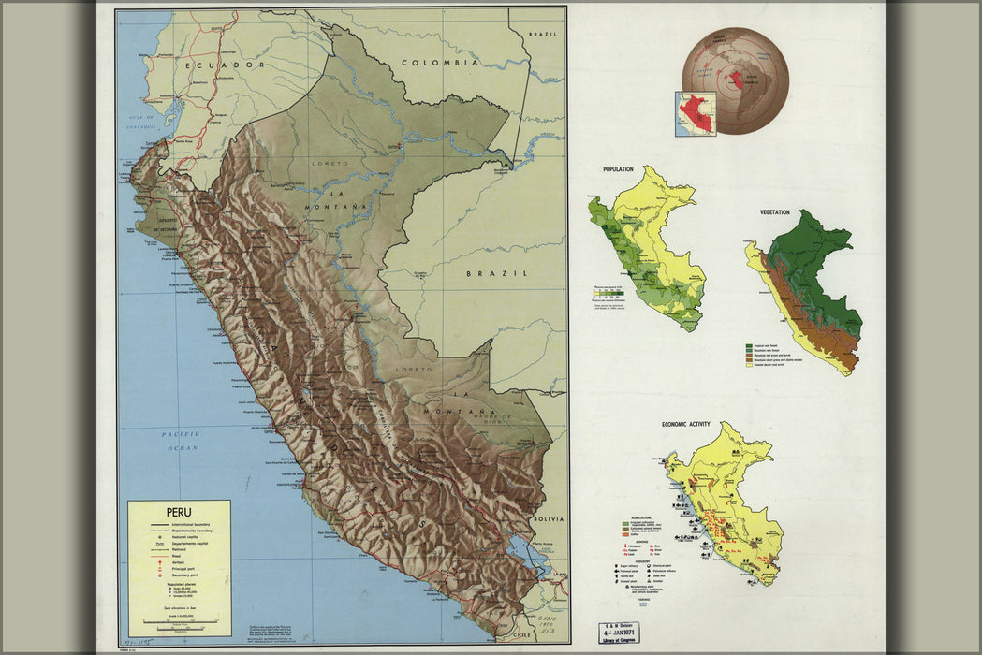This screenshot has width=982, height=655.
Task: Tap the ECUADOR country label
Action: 225,65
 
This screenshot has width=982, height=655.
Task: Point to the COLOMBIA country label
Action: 440,63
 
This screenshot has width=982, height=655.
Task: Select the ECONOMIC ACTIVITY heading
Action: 685,424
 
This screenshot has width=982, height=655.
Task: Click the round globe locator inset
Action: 735,80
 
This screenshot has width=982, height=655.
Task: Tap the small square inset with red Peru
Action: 696,113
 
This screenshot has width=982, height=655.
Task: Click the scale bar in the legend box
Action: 179,621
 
